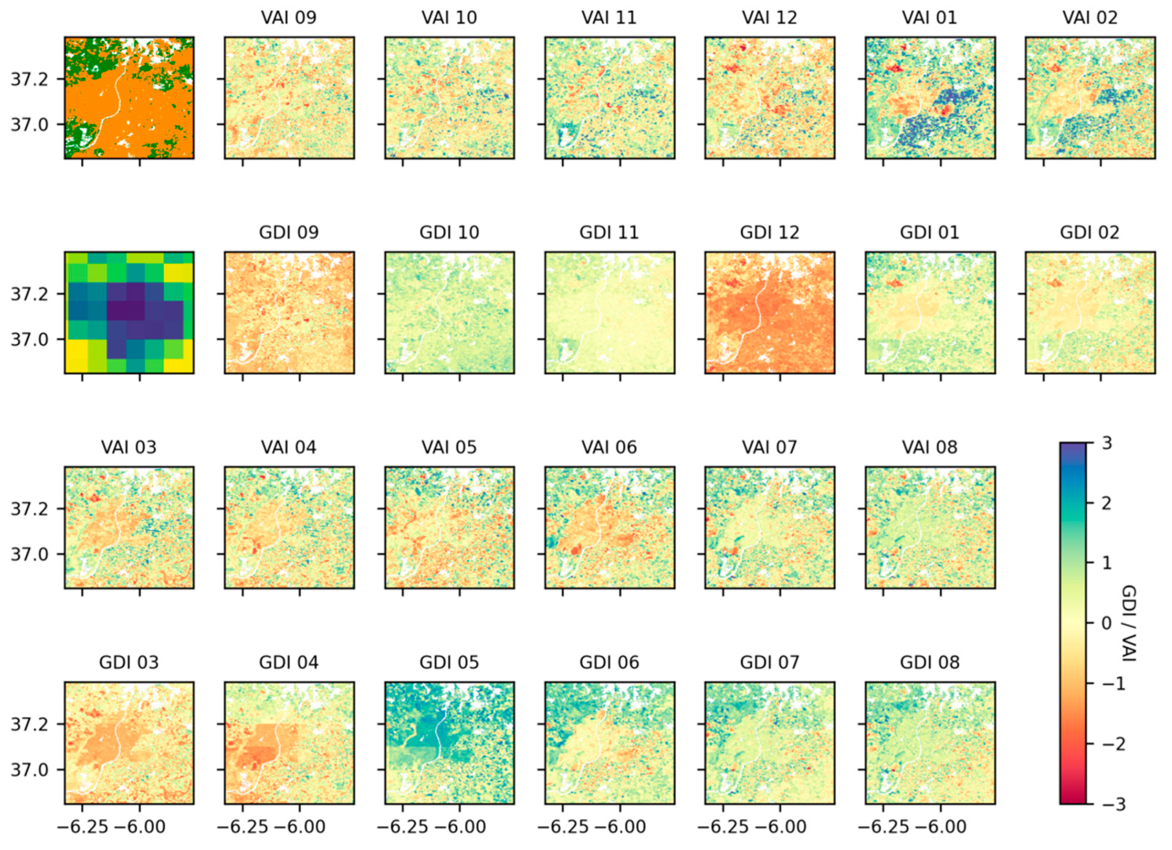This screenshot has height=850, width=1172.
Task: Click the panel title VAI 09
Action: (288, 18)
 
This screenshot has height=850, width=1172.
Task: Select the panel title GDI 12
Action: (769, 233)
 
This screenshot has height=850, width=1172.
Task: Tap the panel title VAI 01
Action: (930, 18)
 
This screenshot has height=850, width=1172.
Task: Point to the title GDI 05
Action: (449, 662)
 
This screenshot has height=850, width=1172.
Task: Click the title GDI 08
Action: (930, 662)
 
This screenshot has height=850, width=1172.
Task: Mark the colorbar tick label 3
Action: (1106, 443)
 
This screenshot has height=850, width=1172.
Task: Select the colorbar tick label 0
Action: (1106, 623)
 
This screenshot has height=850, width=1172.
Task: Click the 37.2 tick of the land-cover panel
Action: (32, 80)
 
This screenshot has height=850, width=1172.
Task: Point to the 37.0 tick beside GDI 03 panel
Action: (32, 770)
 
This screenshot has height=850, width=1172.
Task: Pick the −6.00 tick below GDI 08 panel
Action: (941, 827)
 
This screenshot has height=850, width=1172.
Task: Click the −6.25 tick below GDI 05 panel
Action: (403, 827)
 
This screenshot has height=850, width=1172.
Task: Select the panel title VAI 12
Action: (769, 18)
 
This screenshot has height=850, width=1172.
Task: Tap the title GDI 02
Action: (1090, 233)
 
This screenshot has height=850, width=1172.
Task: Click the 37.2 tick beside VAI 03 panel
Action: (32, 509)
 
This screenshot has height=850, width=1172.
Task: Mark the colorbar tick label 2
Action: (1106, 503)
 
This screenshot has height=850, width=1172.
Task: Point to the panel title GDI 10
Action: (449, 233)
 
